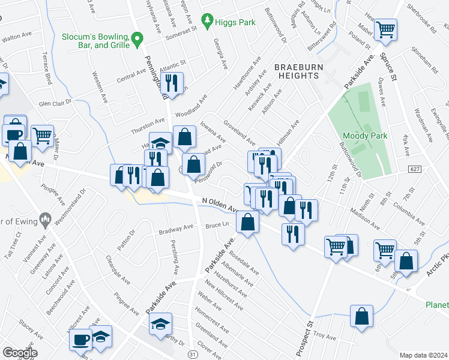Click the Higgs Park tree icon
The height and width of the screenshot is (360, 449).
coord(208,22)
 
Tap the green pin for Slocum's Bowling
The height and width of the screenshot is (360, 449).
coord(137,40)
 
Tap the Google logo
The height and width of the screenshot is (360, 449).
coord(19,353)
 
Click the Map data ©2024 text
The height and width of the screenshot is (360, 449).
coord(423,355)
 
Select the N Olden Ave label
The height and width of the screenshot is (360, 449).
coord(220,205)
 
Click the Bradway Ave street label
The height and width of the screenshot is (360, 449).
coord(176,229)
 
